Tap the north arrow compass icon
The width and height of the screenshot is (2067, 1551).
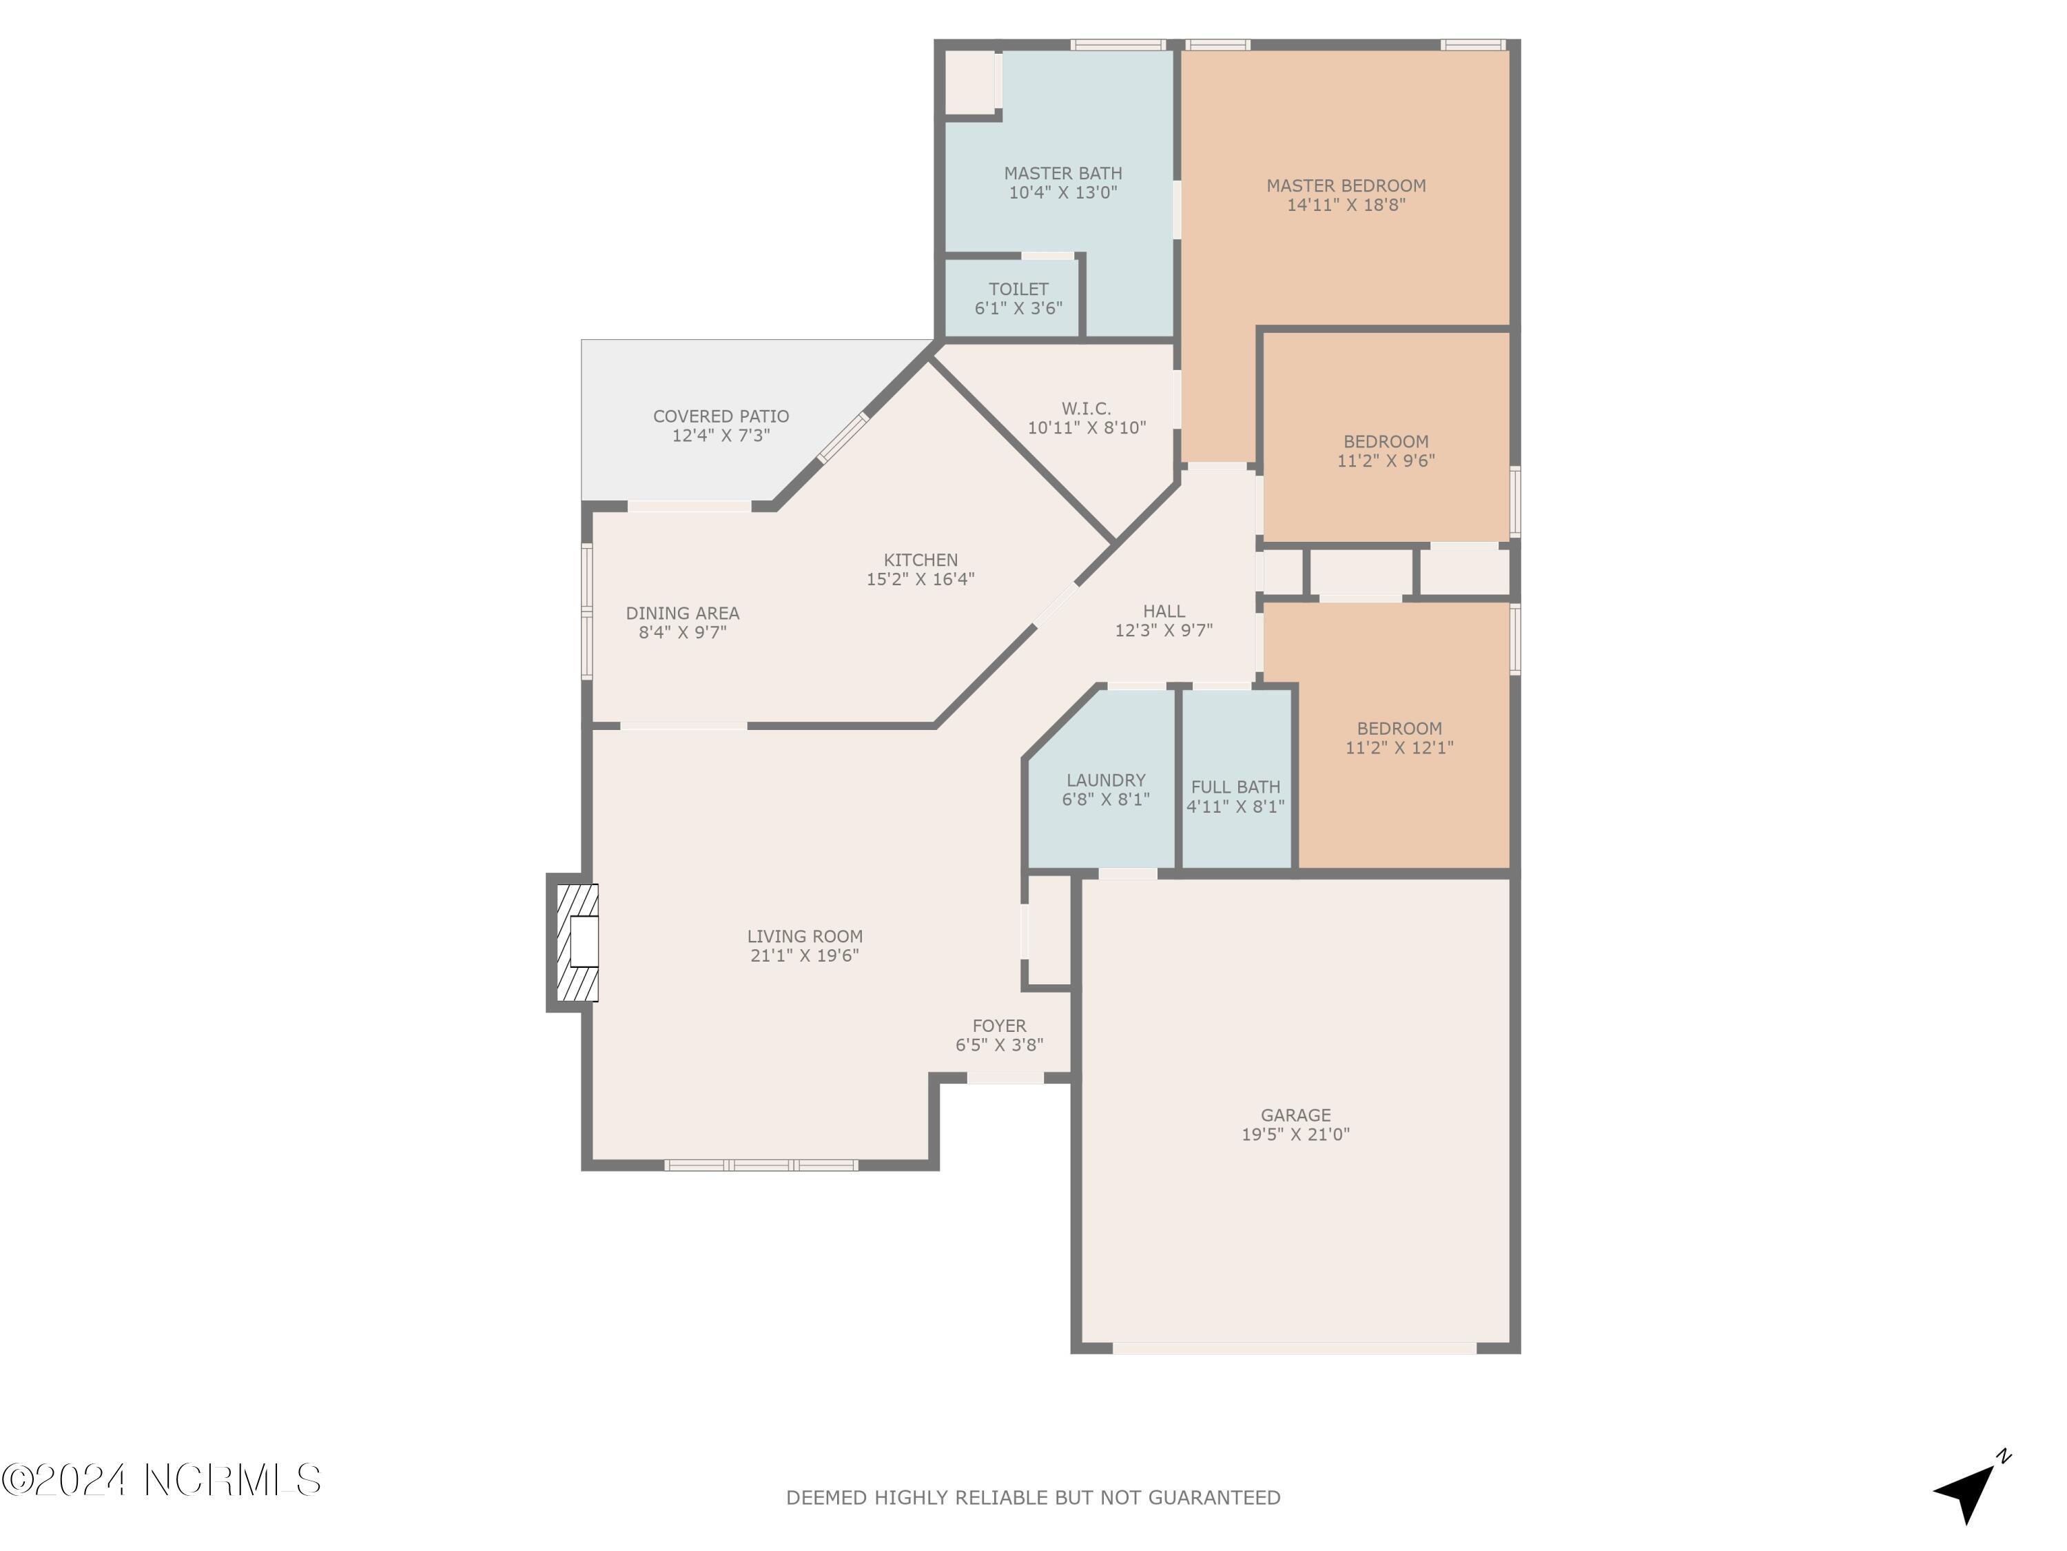tap(1969, 1488)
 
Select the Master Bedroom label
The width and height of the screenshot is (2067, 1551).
tap(1346, 185)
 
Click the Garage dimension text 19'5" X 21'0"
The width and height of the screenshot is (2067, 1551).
tap(1295, 1134)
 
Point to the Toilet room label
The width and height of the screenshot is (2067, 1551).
tap(1018, 289)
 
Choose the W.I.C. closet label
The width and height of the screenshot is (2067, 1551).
tap(1086, 409)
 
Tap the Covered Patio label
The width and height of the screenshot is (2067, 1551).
tap(721, 416)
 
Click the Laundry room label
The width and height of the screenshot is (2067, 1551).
tap(1105, 780)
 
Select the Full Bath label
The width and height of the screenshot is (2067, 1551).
tap(1235, 787)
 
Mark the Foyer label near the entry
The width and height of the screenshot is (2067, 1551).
tap(999, 1026)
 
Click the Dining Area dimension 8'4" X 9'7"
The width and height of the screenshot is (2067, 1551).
tap(682, 632)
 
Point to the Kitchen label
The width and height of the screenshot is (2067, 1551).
tap(921, 560)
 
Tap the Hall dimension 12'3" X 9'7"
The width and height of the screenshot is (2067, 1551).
tap(1164, 630)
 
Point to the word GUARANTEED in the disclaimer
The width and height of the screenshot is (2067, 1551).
tap(1214, 1499)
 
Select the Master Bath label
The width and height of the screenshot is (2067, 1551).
tap(1062, 173)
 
